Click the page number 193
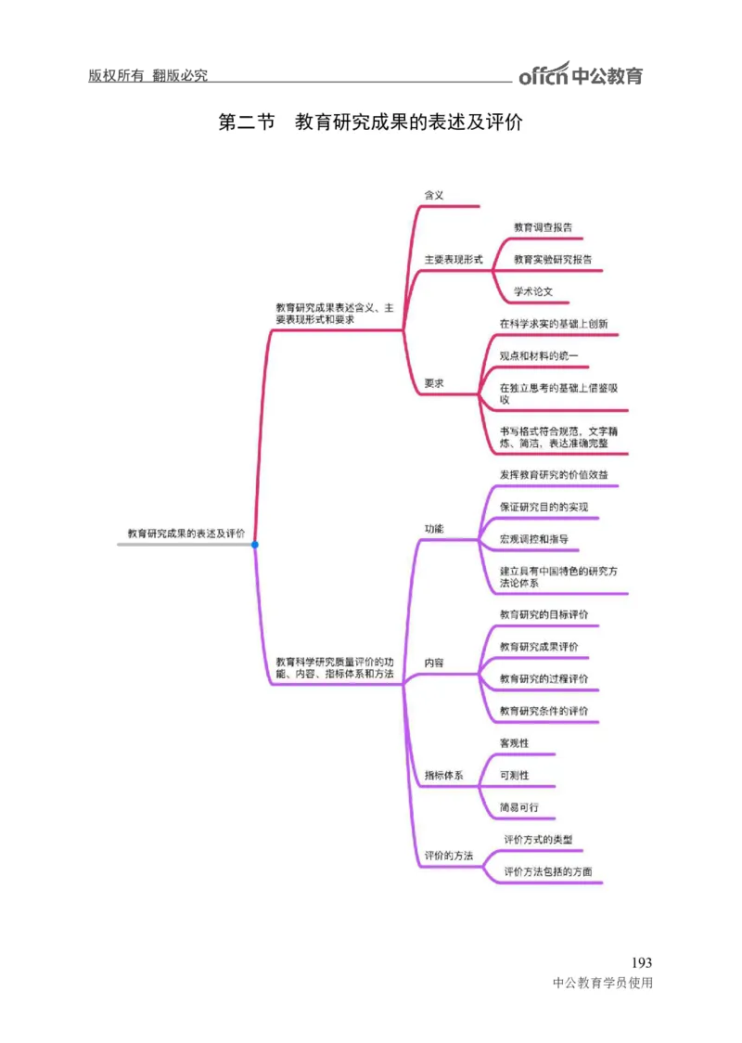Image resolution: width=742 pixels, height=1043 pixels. (641, 962)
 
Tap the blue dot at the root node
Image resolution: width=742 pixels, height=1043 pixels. (255, 545)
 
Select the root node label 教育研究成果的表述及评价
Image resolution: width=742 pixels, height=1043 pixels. (185, 534)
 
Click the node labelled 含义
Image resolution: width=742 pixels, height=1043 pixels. (434, 195)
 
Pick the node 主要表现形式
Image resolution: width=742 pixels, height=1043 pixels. (454, 260)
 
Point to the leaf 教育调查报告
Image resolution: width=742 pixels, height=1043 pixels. (543, 227)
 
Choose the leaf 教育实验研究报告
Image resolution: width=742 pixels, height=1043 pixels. (552, 260)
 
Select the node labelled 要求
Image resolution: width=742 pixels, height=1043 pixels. (434, 383)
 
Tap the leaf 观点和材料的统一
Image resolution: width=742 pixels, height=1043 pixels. (538, 355)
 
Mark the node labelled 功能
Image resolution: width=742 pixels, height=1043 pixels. (434, 528)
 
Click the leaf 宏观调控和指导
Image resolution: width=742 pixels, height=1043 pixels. (533, 539)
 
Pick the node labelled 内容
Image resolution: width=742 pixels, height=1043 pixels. (434, 663)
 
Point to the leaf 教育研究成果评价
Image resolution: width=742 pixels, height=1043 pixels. (539, 647)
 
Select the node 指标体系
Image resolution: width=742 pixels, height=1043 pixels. (443, 775)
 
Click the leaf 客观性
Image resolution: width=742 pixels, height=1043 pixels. (514, 743)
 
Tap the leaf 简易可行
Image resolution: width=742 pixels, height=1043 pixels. (518, 807)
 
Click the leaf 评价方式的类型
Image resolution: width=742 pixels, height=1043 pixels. (544, 840)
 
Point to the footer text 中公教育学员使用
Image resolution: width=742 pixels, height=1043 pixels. (602, 984)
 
